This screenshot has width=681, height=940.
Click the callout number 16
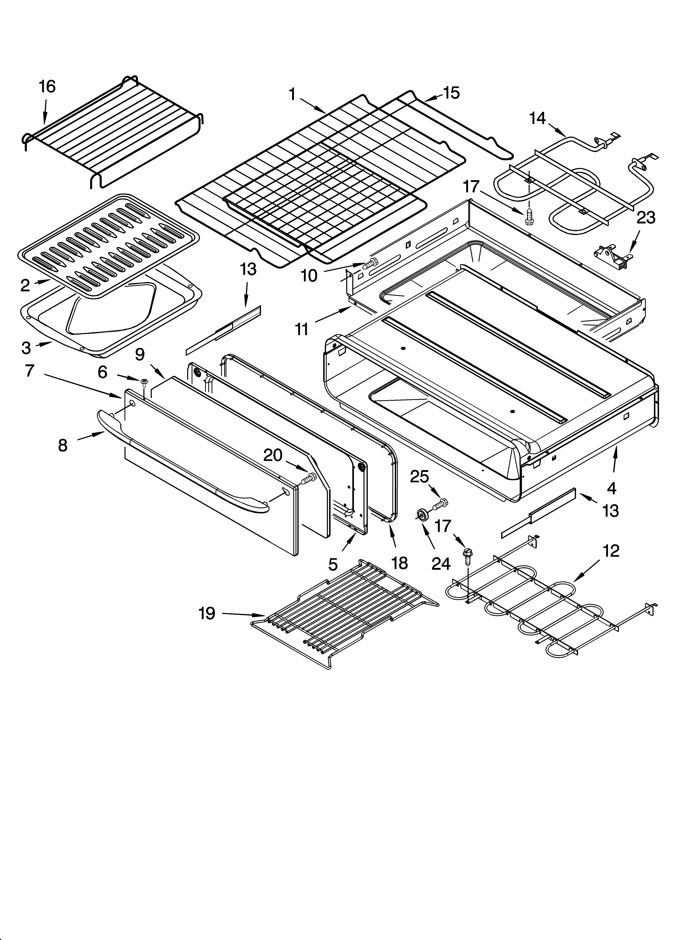click(x=47, y=87)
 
